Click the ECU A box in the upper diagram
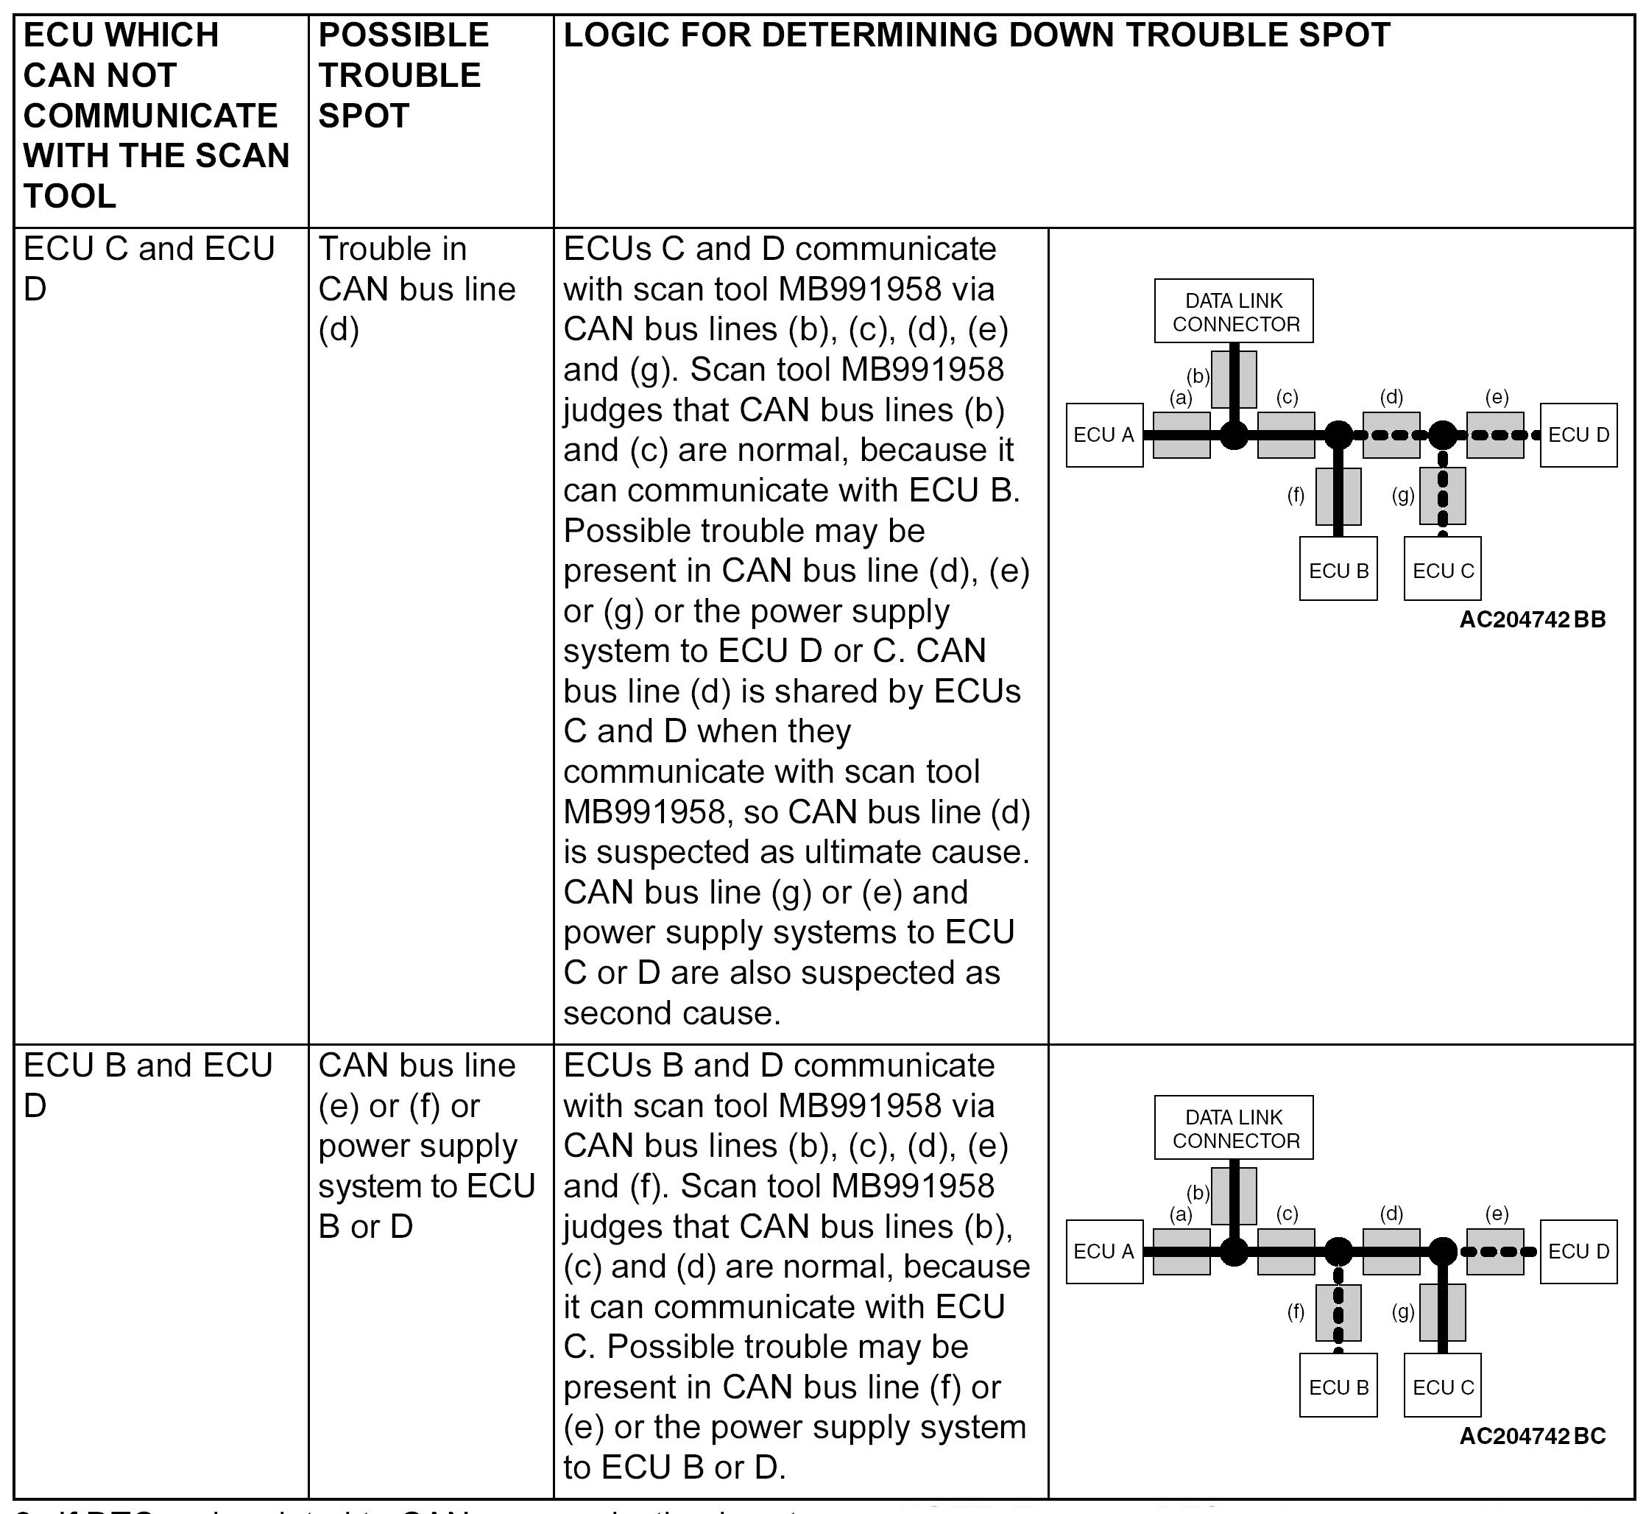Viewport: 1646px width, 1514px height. [x=1104, y=435]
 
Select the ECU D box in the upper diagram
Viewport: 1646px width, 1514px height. [x=1578, y=435]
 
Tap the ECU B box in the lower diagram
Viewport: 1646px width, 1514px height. [x=1338, y=1387]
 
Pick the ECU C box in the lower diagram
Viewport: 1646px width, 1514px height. [x=1442, y=1387]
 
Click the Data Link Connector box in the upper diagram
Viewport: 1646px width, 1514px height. [x=1233, y=311]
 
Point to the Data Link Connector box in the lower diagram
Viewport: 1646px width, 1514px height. [x=1233, y=1128]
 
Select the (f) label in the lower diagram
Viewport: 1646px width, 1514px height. [x=1296, y=1311]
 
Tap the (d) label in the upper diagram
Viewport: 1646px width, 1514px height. [x=1391, y=398]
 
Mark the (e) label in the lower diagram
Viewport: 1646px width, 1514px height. [x=1496, y=1214]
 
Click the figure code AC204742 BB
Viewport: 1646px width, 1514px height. [x=1532, y=619]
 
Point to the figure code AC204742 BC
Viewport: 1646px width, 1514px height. [x=1532, y=1436]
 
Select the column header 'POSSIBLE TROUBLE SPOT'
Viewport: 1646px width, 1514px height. [x=403, y=75]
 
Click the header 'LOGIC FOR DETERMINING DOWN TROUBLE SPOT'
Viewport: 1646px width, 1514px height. [x=976, y=35]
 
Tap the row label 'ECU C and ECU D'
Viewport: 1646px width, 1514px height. [x=148, y=268]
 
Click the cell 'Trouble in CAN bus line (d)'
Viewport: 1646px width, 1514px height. [x=416, y=289]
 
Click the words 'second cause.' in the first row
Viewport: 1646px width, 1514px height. [x=671, y=1013]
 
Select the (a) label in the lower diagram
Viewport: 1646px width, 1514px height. [x=1180, y=1214]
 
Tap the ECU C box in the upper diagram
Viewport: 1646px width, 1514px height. [x=1442, y=570]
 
